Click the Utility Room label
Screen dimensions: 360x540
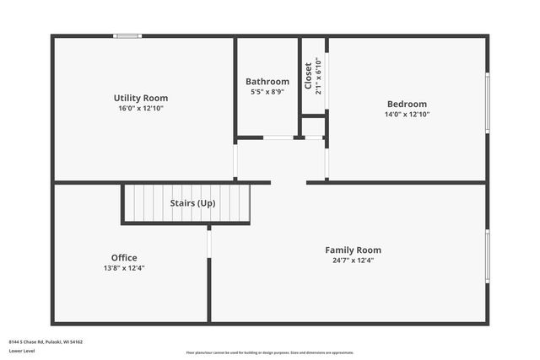tap(141, 99)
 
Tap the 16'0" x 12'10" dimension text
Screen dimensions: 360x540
tap(141, 109)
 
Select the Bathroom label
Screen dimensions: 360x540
tap(267, 82)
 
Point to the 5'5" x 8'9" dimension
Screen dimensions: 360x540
tap(267, 92)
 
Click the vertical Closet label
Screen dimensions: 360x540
tap(308, 75)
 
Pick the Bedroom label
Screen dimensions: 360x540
tap(407, 104)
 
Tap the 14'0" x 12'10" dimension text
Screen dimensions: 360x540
tap(407, 114)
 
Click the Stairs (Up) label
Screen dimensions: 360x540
tap(193, 203)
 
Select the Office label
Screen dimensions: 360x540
tap(124, 258)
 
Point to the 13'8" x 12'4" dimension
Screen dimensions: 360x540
tap(124, 268)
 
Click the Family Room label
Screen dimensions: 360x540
tap(354, 250)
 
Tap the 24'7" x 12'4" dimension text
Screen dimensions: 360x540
tap(354, 261)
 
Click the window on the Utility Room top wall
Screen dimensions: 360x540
tap(127, 36)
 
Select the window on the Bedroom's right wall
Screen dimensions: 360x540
tap(487, 103)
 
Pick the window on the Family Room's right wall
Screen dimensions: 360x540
tap(487, 256)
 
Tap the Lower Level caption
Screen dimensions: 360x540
tap(23, 351)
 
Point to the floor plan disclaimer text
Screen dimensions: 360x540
tap(270, 353)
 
